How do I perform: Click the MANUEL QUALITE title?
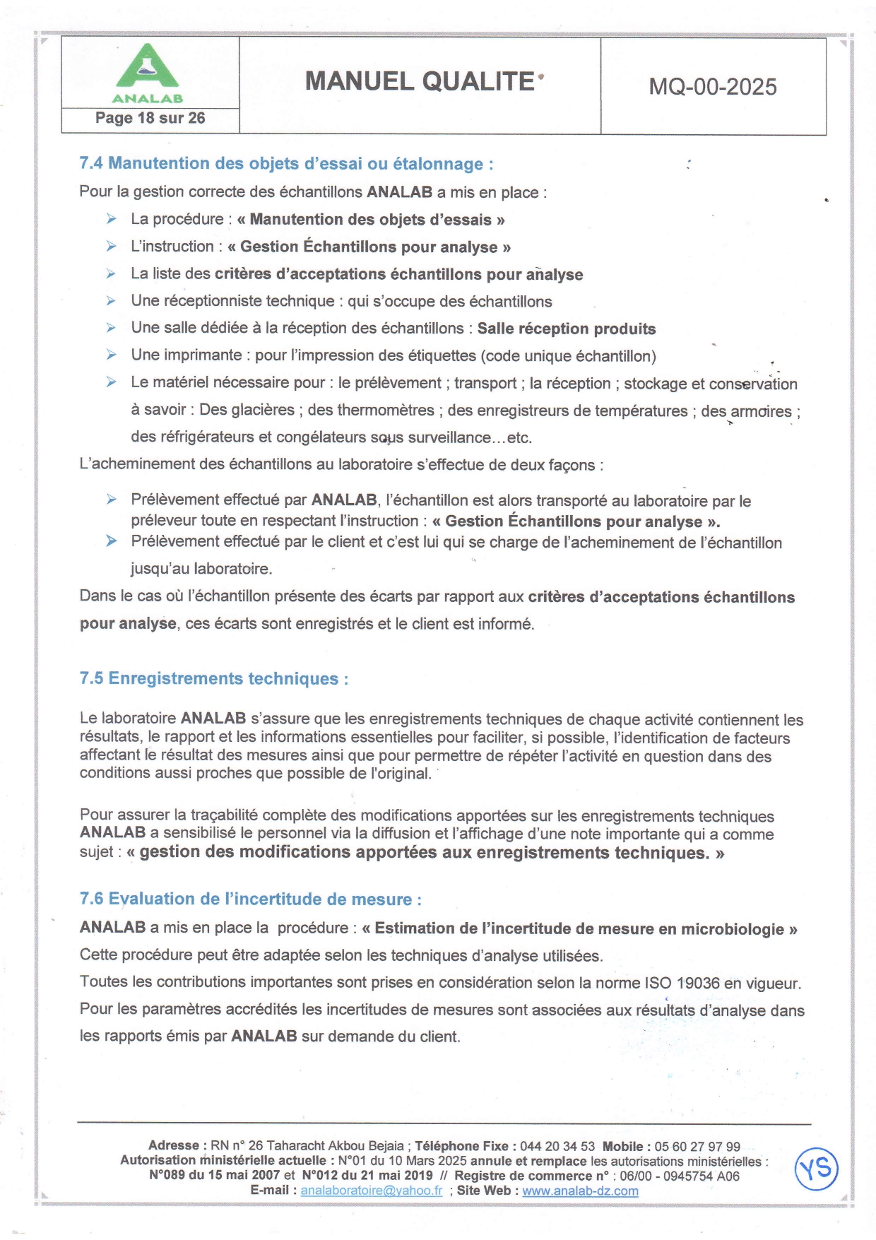[420, 82]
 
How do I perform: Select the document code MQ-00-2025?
[713, 87]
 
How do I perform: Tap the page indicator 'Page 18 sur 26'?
[150, 118]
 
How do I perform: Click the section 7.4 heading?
[286, 164]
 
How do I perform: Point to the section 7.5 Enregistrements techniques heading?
[214, 678]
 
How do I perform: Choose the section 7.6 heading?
[251, 899]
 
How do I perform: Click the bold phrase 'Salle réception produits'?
[567, 329]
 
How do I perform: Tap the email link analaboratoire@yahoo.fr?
[372, 1191]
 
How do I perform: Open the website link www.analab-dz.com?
[580, 1191]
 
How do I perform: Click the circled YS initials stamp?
[817, 1169]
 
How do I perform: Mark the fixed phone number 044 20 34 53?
[557, 1146]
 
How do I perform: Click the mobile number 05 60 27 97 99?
[697, 1146]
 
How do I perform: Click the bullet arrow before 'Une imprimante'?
[112, 355]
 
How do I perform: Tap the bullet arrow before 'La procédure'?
[112, 219]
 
